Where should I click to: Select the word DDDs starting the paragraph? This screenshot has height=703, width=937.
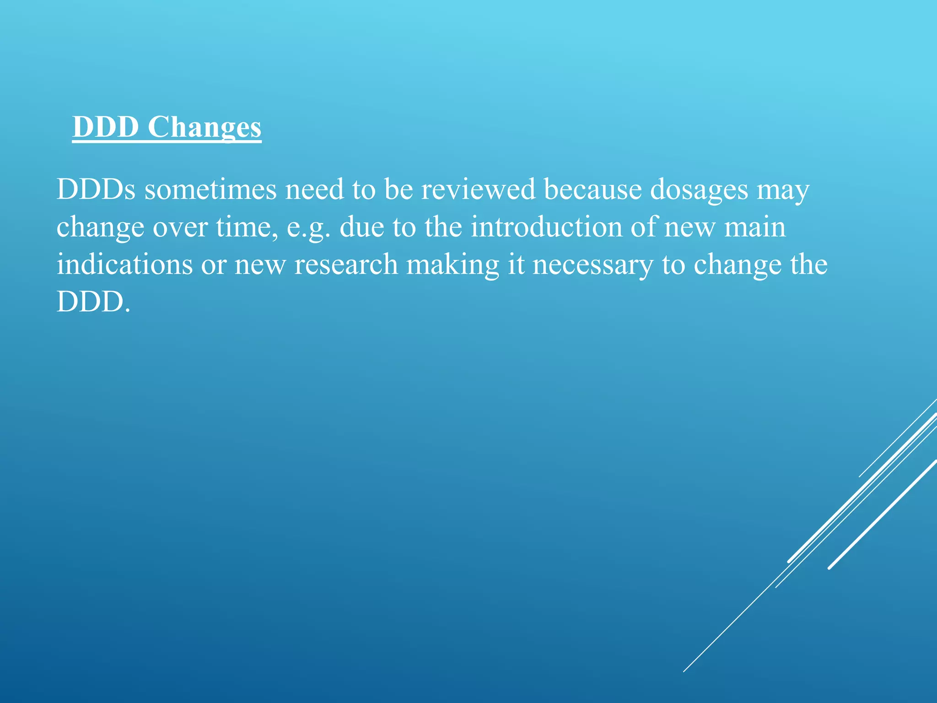click(96, 189)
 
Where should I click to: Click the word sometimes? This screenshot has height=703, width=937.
click(210, 189)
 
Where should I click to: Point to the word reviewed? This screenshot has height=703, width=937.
click(478, 189)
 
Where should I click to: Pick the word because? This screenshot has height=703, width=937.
click(593, 189)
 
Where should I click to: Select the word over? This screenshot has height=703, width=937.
click(180, 227)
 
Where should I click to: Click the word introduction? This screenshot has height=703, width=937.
click(546, 227)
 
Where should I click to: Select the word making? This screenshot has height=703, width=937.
click(452, 265)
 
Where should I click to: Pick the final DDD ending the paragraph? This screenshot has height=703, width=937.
click(93, 302)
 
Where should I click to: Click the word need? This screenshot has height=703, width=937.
click(314, 189)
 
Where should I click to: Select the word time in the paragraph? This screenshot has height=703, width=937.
click(246, 227)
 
